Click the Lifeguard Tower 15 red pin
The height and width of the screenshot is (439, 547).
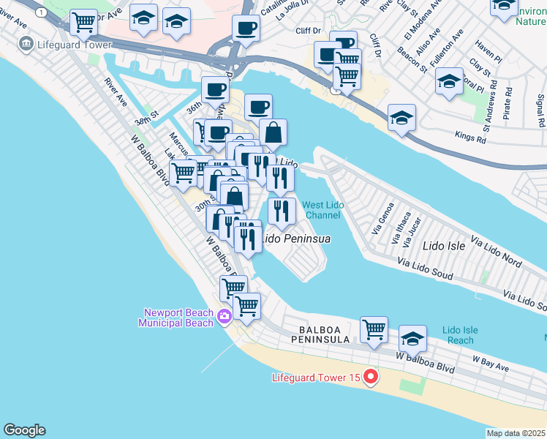point(371,378)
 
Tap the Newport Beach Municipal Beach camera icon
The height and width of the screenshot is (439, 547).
point(224,316)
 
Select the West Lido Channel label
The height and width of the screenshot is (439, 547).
point(322,210)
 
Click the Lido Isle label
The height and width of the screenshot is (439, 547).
point(443,246)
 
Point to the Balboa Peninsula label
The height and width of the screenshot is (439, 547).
point(325,334)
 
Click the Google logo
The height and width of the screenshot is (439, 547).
point(24,430)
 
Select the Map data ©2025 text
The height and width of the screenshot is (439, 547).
point(516,433)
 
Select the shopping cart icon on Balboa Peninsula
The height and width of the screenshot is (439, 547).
point(374,329)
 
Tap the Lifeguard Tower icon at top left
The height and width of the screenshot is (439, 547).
point(26,44)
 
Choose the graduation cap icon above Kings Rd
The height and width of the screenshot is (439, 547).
point(401,117)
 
